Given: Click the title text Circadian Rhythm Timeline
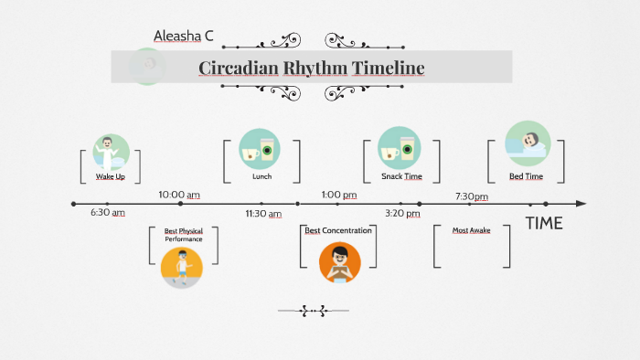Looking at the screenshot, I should click(x=311, y=69).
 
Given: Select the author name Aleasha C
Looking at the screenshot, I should click(x=183, y=37).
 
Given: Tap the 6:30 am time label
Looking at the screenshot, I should click(x=108, y=212).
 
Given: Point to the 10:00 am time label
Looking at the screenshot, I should click(x=178, y=195).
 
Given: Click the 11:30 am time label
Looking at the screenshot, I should click(x=262, y=213).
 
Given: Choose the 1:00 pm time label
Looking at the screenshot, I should click(x=338, y=195).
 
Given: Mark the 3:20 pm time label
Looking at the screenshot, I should click(x=402, y=213).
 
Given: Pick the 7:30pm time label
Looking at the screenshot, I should click(x=472, y=196).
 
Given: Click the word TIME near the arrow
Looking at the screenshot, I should click(x=544, y=224).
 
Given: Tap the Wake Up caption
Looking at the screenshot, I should click(x=111, y=176).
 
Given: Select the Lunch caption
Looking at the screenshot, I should click(x=261, y=176).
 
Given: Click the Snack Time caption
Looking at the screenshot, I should click(x=401, y=176).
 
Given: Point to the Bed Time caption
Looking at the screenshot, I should click(x=527, y=176).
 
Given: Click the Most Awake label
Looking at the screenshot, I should click(x=472, y=230).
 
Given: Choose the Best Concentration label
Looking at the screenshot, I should click(x=338, y=230).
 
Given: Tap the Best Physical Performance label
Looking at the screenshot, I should click(x=184, y=235).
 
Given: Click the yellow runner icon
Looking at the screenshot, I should click(x=182, y=266).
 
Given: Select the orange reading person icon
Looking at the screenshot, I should click(x=340, y=262).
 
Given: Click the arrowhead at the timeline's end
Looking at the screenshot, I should click(x=581, y=204).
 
